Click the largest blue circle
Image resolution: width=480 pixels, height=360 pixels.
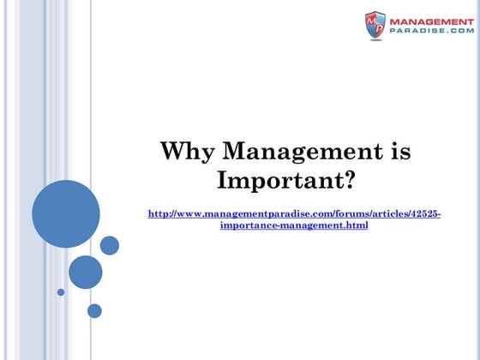point(66,213)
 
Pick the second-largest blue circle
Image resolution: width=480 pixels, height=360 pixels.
point(86,272)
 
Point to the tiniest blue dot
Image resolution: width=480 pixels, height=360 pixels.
point(61,291)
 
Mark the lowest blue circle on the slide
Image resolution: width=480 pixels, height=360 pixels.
point(94,310)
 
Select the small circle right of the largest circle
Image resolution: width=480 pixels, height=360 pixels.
point(110,245)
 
